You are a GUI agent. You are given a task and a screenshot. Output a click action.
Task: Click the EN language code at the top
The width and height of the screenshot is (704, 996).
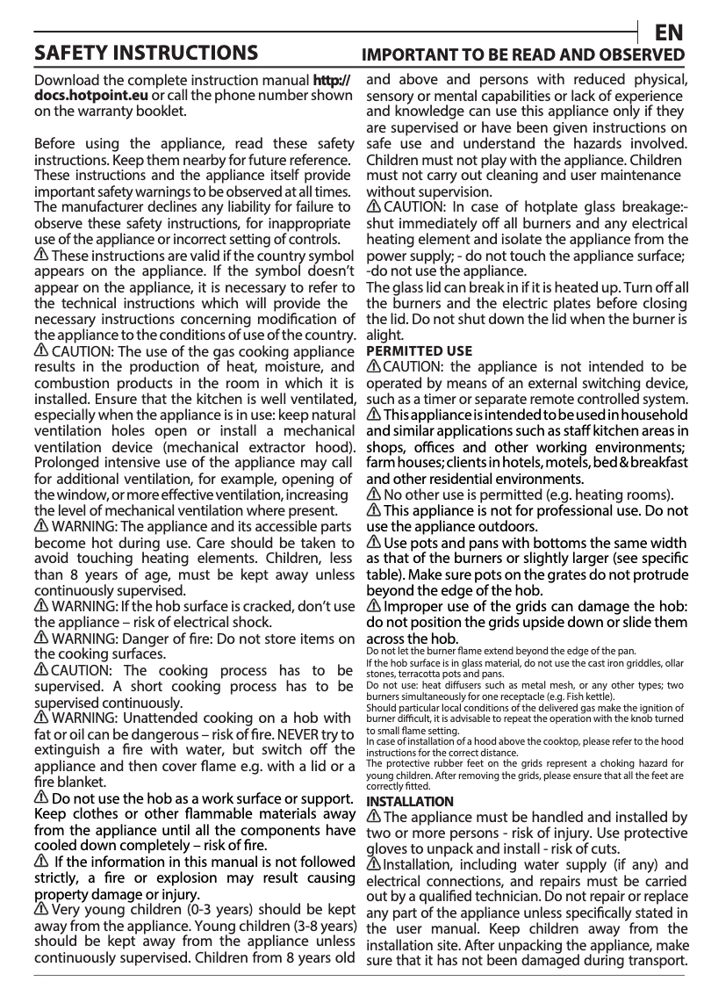[669, 33]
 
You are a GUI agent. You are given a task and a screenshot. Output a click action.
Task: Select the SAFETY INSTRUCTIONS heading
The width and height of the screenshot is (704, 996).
[145, 54]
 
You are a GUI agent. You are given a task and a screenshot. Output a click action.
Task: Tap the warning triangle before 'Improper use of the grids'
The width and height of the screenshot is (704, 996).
[373, 607]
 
